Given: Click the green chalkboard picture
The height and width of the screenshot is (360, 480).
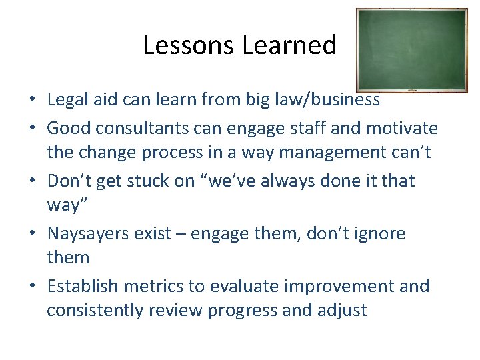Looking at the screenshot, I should point(411,50).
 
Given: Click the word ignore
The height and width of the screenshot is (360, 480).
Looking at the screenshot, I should point(377,233).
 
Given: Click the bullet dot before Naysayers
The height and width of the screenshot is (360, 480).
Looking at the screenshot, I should point(32,234).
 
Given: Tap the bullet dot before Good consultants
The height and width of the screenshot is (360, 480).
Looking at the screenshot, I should point(32,128).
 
